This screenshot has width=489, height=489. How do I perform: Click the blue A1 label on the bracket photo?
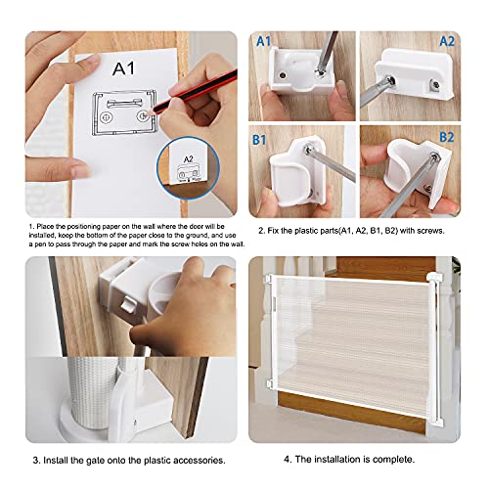(x=263, y=41)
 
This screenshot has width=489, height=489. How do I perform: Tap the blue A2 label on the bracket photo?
(x=446, y=41)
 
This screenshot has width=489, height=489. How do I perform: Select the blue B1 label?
(x=259, y=140)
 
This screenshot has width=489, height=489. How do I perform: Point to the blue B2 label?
(x=446, y=137)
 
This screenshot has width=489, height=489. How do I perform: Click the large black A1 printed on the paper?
(x=123, y=68)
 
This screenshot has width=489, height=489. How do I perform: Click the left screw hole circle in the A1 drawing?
(x=106, y=117)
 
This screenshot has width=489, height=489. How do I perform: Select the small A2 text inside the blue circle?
(x=189, y=159)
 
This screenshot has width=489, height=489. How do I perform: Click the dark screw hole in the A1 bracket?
(x=283, y=75)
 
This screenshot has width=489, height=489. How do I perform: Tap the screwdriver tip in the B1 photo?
(x=307, y=150)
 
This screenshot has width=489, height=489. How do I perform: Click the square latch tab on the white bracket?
(x=128, y=305)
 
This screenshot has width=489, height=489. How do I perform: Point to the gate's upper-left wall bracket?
(x=270, y=279)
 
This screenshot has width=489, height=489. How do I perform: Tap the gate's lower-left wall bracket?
(x=270, y=383)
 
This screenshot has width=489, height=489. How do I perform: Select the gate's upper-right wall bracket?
(x=435, y=278)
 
